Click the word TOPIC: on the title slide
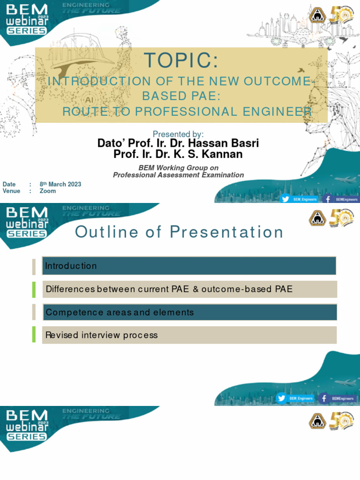click(x=181, y=61)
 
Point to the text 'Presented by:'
click(x=178, y=135)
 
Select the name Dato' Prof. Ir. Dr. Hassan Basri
click(x=178, y=143)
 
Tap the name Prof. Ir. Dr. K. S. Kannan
click(x=178, y=154)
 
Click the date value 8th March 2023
click(x=60, y=184)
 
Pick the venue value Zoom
click(x=48, y=191)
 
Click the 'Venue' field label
click(x=11, y=191)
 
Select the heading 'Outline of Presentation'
click(x=180, y=232)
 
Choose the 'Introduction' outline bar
click(x=189, y=266)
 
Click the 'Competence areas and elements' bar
click(x=189, y=312)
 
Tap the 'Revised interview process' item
click(x=189, y=335)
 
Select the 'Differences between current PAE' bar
click(x=189, y=289)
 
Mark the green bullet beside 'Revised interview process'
click(x=34, y=335)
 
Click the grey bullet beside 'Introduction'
click(x=34, y=266)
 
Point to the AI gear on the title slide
click(x=89, y=100)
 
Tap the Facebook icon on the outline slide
click(x=324, y=398)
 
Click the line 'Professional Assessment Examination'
click(x=178, y=175)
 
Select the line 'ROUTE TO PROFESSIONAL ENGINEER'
click(x=187, y=112)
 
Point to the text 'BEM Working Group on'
click(x=178, y=168)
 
